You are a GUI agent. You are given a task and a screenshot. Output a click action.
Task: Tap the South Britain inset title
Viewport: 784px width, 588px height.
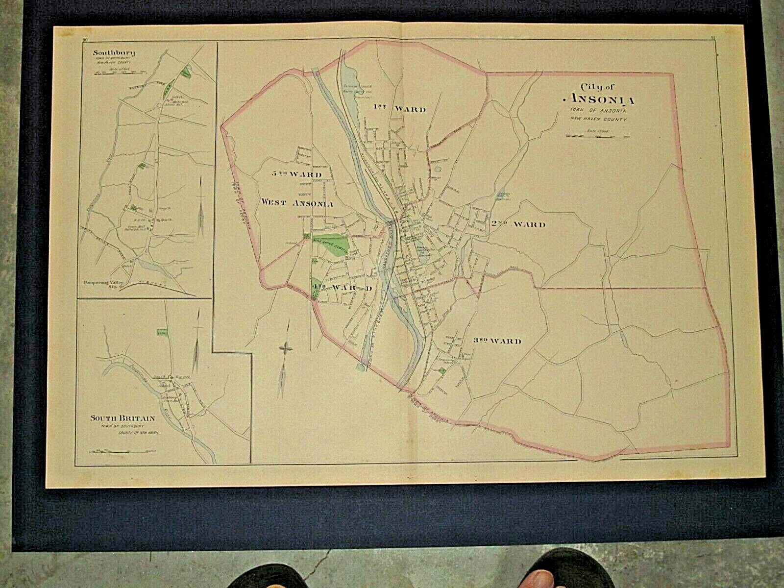click(122, 418)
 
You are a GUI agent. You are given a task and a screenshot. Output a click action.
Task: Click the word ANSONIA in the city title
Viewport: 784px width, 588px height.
click(596, 100)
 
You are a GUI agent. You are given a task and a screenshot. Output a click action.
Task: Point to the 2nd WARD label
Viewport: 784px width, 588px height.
click(517, 225)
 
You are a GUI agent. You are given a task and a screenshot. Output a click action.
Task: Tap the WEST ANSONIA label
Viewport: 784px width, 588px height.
click(297, 202)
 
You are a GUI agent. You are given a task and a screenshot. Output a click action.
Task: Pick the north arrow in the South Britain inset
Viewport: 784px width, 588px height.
click(197, 341)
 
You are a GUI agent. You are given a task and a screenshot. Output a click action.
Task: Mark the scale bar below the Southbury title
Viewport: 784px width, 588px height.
click(114, 73)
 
